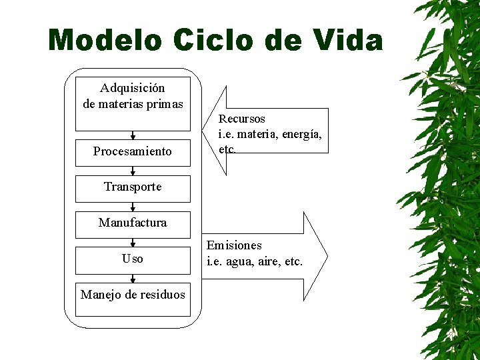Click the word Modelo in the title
(105, 41)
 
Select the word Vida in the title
(347, 41)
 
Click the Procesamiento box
(133, 151)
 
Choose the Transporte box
(133, 187)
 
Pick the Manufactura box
(133, 223)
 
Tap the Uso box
(133, 259)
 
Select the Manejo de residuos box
(133, 295)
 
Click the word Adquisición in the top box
(133, 88)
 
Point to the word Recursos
(242, 119)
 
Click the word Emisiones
(234, 246)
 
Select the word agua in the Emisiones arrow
(240, 262)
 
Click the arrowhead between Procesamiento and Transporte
(133, 172)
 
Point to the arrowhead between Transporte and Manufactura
(133, 208)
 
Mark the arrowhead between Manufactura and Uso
(133, 244)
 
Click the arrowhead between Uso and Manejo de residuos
(133, 280)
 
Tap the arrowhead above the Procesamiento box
(133, 136)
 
